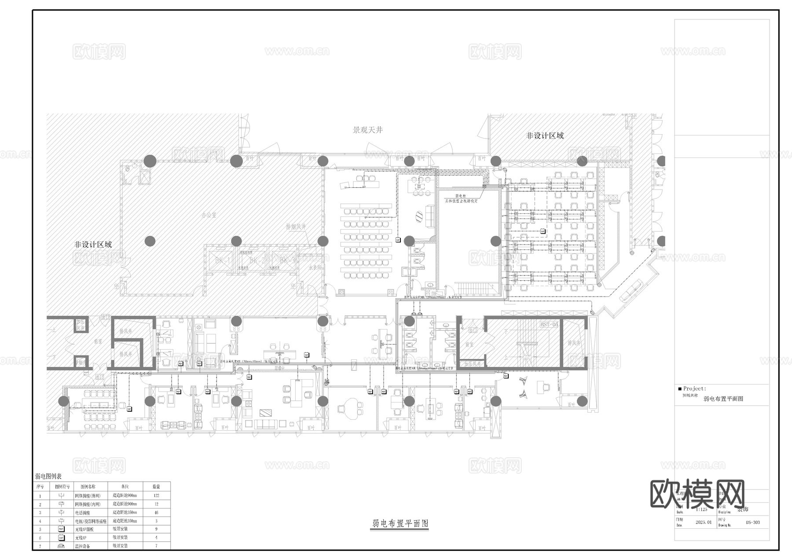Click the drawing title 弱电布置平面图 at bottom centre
(400, 523)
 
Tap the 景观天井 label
(368, 130)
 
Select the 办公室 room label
(209, 215)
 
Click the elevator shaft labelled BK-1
(223, 261)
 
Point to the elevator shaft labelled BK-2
(257, 261)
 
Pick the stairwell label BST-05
(549, 324)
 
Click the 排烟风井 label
(296, 227)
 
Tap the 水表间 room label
(315, 267)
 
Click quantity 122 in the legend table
(156, 495)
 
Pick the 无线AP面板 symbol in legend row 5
(61, 529)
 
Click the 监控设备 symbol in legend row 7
(61, 545)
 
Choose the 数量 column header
(156, 487)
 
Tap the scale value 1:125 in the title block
(702, 509)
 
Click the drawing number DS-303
(753, 523)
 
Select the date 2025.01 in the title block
(703, 523)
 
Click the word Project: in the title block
(694, 389)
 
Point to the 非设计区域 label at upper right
(545, 135)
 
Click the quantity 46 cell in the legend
(156, 512)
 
